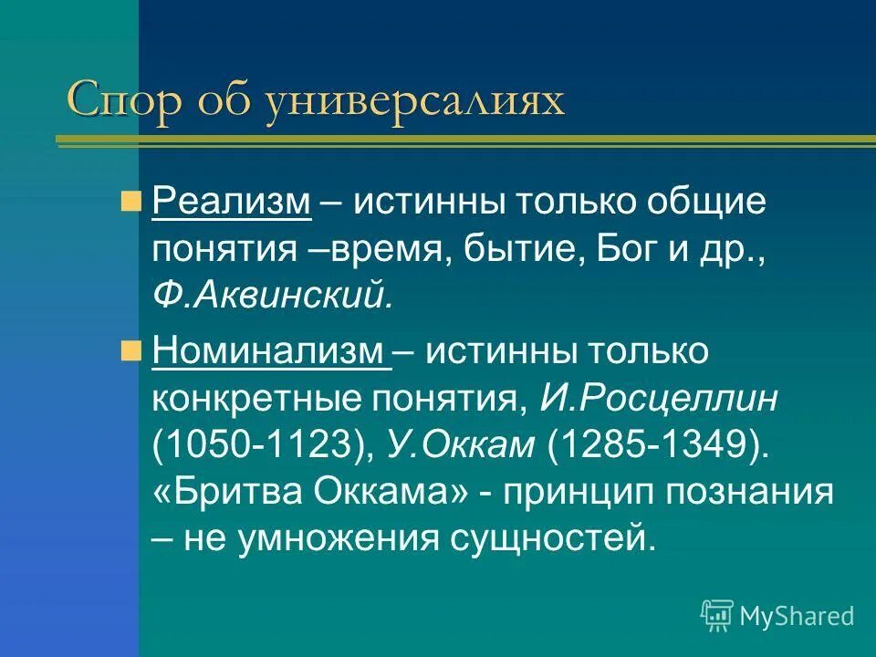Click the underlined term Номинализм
pos(272,351)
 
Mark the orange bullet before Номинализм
pos(130,350)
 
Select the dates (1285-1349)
pos(653,445)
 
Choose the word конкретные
pos(255,398)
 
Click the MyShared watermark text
pos(797,616)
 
